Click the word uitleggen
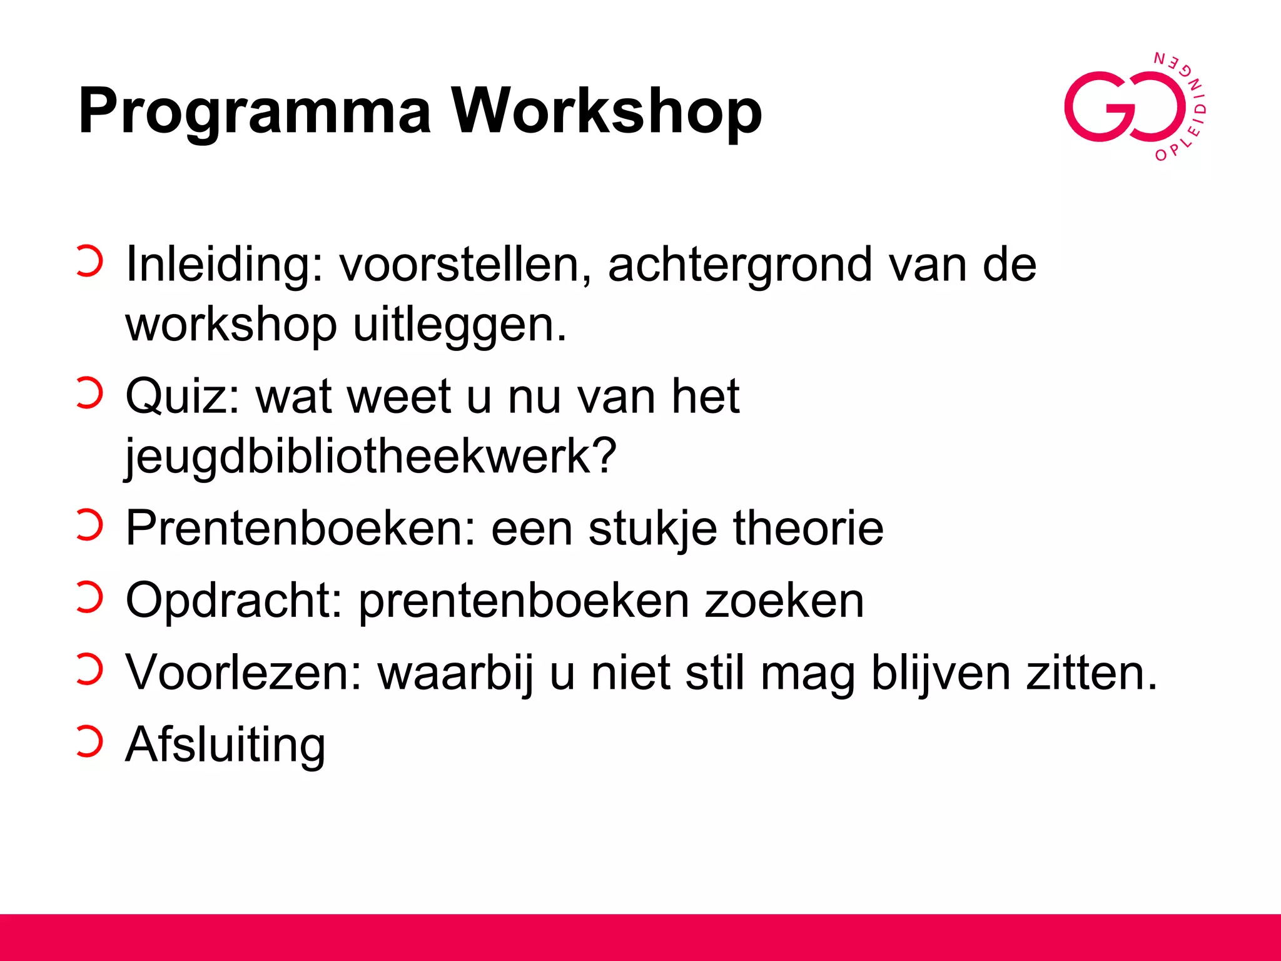459,325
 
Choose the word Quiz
182,397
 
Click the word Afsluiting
225,745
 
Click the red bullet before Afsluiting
89,742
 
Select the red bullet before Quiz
89,394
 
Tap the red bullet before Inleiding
89,261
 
